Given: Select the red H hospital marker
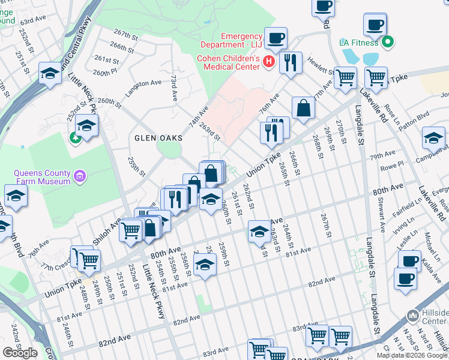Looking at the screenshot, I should click(x=269, y=61).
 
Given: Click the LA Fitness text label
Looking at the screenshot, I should click(x=359, y=43).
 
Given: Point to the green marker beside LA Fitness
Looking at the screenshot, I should click(x=388, y=42).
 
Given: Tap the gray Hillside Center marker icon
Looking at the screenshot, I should click(x=412, y=316).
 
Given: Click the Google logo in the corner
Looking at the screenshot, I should click(x=20, y=353).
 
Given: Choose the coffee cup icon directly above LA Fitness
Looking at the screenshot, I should click(x=375, y=25).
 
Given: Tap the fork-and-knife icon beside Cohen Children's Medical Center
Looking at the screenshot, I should click(x=291, y=62).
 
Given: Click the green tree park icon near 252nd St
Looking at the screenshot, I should click(x=76, y=138).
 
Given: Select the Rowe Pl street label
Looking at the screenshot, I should click(x=391, y=167).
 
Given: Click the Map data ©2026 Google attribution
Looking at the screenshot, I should click(x=411, y=355).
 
